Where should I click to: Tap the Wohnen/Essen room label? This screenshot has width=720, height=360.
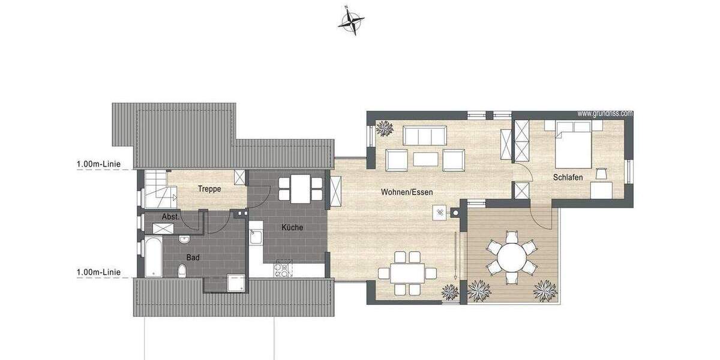tap(407, 193)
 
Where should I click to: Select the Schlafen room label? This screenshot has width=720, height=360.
tap(569, 178)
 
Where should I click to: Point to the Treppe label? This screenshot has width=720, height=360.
tap(209, 189)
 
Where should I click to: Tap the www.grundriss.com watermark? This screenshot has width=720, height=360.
tap(605, 113)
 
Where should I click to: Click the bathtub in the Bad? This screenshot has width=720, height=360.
tap(153, 257)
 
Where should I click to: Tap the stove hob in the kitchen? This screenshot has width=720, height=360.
tap(282, 269)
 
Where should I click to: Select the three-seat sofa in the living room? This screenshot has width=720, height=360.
tap(424, 135)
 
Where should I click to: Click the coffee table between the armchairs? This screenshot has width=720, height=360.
tap(425, 159)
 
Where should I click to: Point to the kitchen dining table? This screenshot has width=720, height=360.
tap(301, 188)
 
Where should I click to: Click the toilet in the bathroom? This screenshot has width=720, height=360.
tap(182, 271)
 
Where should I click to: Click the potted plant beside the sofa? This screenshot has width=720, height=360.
tap(383, 128)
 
